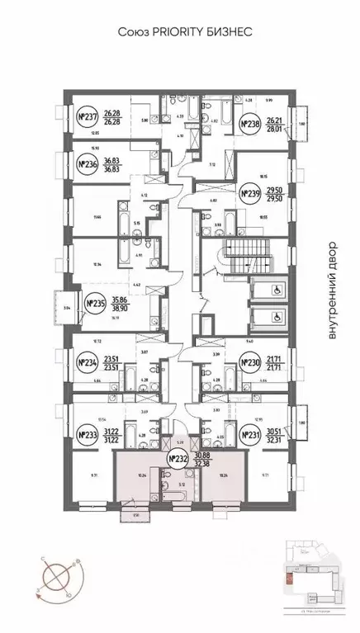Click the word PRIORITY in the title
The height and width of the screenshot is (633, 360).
pos(173,31)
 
